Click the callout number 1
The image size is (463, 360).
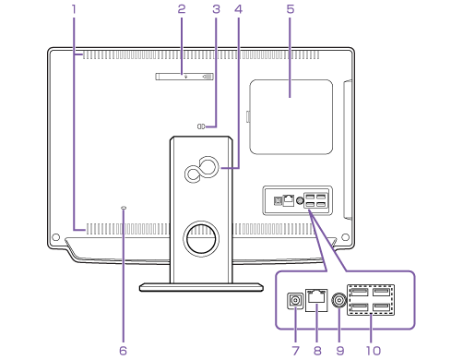coord(74,9)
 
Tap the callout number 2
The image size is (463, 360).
coord(182,9)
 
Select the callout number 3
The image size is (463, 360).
coord(217,9)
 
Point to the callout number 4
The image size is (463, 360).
coord(239,9)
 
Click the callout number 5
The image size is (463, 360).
coord(291,9)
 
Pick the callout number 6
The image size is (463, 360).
coord(123,351)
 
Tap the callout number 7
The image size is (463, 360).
coord(296,351)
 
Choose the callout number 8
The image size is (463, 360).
coord(317,351)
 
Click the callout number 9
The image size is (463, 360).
coord(340,351)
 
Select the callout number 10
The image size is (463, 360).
coord(374,351)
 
